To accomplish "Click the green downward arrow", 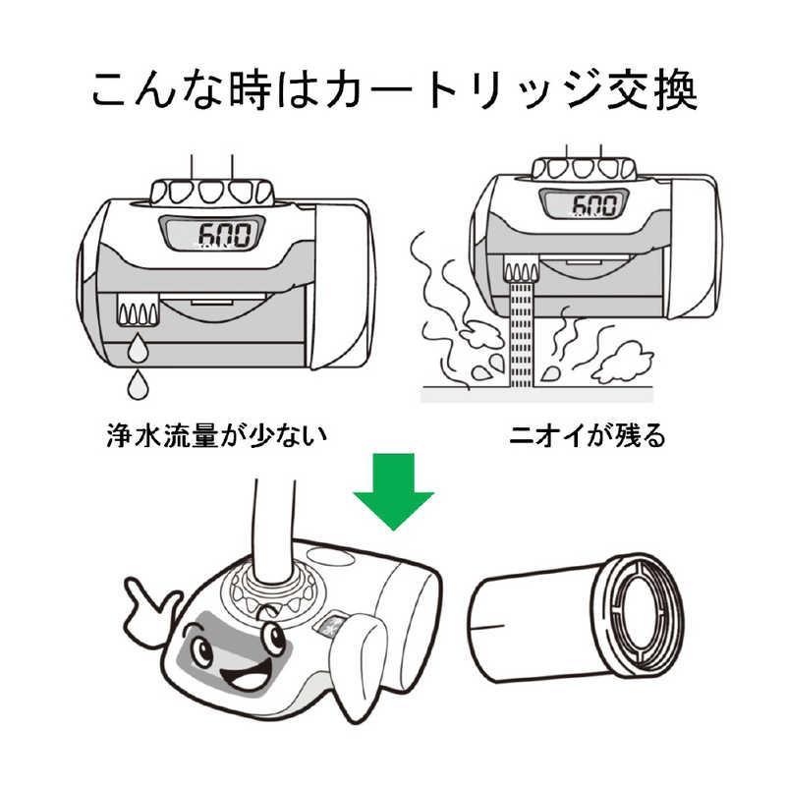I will click(x=393, y=491).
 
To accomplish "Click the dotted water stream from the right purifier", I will click(x=522, y=334).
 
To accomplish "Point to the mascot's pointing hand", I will click(x=158, y=609).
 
